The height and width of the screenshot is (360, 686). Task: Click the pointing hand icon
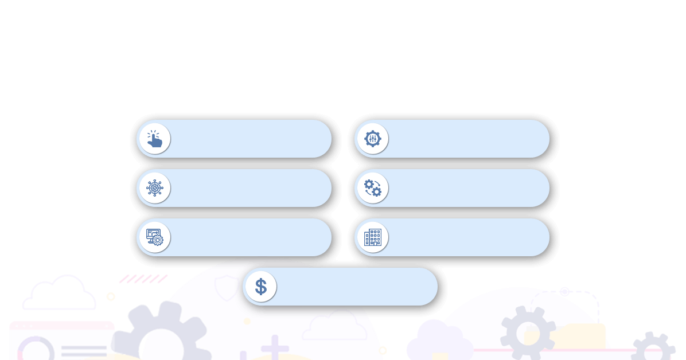[154, 139]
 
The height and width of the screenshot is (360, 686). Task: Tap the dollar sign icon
[260, 287]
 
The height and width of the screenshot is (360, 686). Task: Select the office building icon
[372, 237]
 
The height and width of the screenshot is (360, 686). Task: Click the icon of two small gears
[372, 188]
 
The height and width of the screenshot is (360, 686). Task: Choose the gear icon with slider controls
[372, 139]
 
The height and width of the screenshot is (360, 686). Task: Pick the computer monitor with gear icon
[154, 237]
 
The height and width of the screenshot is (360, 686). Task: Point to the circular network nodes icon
[154, 188]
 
